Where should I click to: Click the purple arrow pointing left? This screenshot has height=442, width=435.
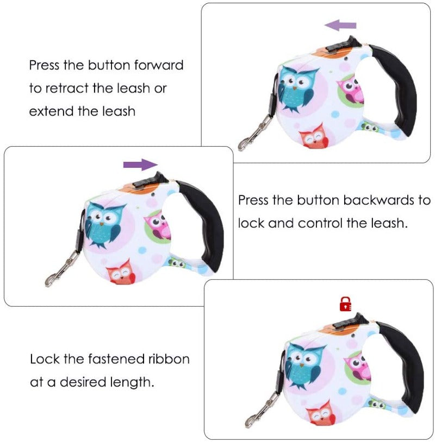[x=340, y=26]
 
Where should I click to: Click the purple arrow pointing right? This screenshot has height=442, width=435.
[x=140, y=165]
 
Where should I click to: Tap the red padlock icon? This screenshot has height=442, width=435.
[x=345, y=304]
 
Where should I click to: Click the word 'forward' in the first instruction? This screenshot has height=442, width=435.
[x=159, y=65]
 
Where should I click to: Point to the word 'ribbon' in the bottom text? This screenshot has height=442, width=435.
[x=169, y=359]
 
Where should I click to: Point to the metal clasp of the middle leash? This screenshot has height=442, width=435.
[x=62, y=269]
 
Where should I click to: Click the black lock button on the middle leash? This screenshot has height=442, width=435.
[x=150, y=181]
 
